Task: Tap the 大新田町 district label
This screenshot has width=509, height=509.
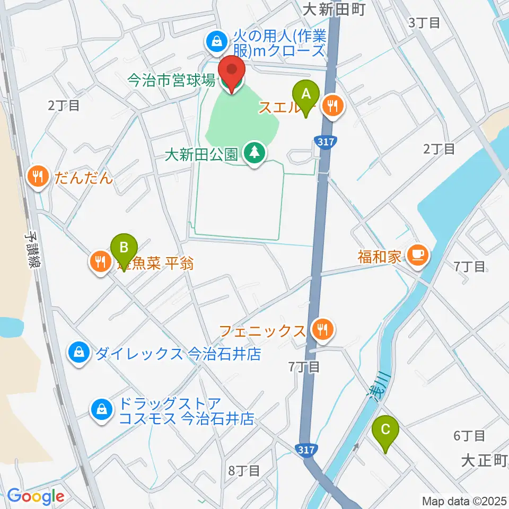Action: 335,10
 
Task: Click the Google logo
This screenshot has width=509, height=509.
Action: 36,497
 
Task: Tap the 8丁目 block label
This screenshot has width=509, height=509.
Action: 243,470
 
